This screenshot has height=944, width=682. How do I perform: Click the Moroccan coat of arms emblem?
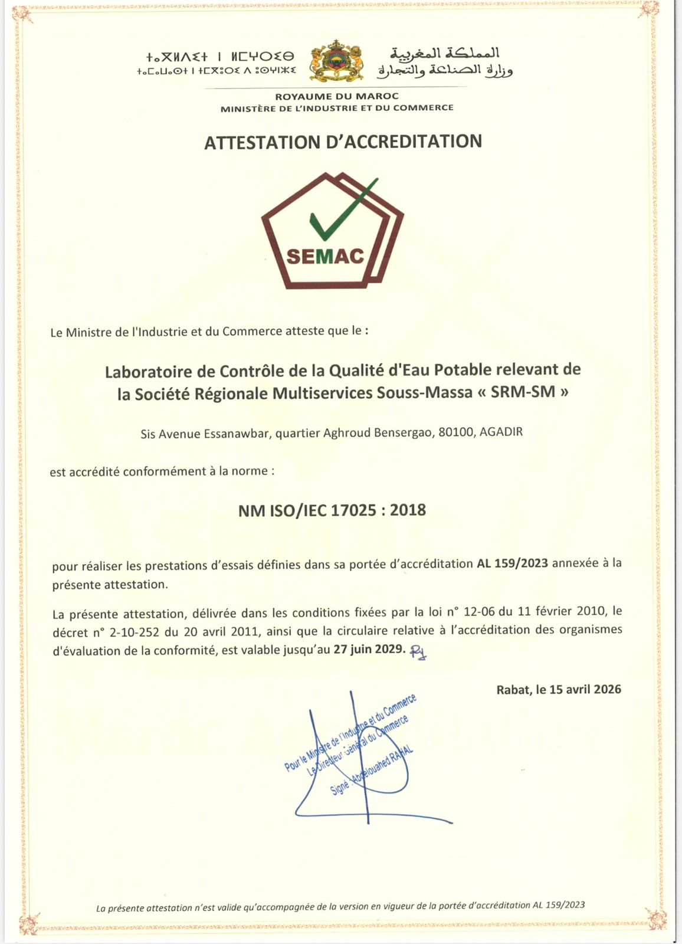337,61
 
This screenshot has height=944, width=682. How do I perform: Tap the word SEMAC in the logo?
325,257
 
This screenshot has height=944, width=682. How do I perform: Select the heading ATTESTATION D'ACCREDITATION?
343,142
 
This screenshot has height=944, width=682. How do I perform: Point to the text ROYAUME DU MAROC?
337,96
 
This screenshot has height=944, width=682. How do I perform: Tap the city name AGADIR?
501,431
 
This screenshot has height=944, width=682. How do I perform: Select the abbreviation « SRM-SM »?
522,392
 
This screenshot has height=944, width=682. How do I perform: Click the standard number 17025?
353,510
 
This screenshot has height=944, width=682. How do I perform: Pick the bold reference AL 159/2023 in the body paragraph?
512,563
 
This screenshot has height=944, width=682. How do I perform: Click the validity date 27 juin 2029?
369,650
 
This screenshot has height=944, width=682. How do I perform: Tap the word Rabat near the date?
513,690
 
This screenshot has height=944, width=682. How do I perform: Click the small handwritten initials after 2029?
418,651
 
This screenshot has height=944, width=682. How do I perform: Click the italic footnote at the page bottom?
340,907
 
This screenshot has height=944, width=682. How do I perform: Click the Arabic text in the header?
445,62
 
